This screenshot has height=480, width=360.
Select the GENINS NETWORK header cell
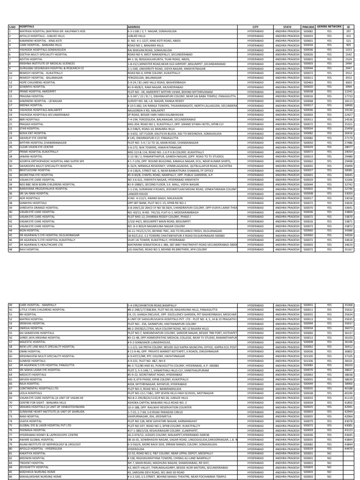pyautogui.click(x=329, y=27)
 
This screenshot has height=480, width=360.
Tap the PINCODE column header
pyautogui.click(x=307, y=27)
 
